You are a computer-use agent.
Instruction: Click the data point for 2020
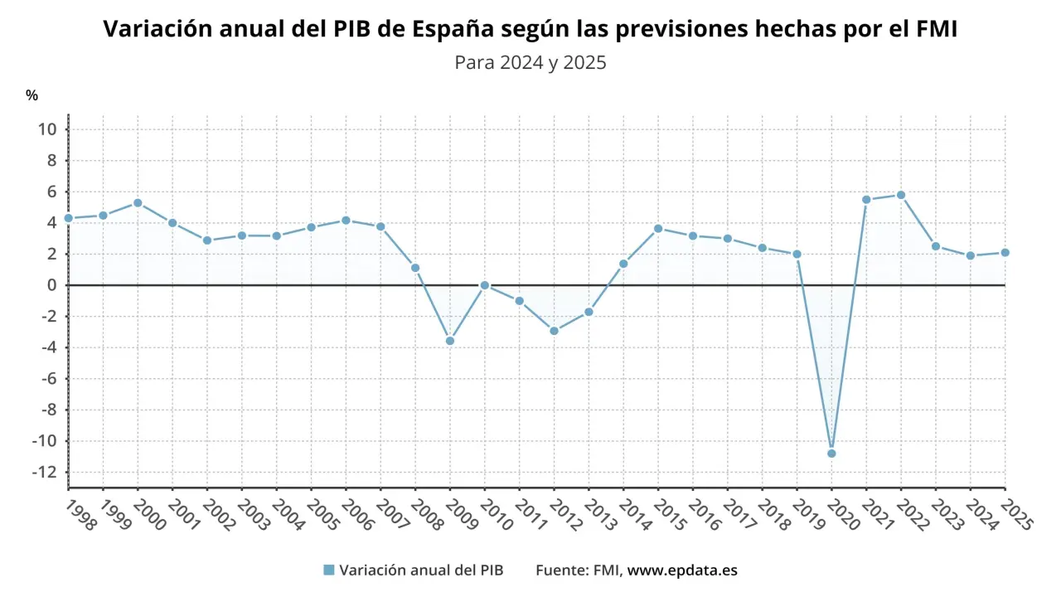tap(831, 454)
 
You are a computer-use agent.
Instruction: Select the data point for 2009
tap(450, 341)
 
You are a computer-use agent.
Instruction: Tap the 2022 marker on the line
tap(901, 195)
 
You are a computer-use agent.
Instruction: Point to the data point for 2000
tap(138, 202)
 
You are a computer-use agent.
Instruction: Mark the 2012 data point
tap(554, 331)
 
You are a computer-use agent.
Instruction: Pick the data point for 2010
tap(485, 285)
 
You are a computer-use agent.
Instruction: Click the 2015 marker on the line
tap(658, 228)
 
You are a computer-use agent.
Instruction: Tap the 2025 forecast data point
tap(1005, 252)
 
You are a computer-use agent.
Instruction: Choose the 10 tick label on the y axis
tap(46, 129)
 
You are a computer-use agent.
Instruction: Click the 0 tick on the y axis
tap(51, 285)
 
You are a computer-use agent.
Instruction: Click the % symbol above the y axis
tap(31, 95)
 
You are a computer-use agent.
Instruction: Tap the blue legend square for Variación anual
tap(328, 570)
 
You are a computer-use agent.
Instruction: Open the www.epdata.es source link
tap(682, 570)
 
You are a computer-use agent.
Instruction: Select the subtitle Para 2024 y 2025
tap(530, 62)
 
